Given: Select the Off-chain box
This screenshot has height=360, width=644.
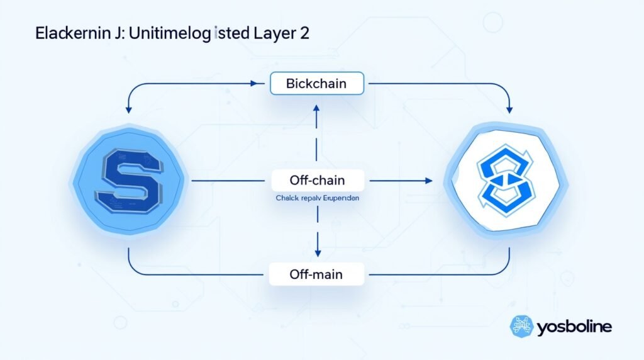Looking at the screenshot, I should click(x=317, y=181).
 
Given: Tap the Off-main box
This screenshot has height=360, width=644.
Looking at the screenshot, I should click(x=316, y=274).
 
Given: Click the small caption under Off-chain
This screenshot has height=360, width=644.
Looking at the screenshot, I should click(x=317, y=198).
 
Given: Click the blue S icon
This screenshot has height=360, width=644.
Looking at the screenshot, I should click(x=130, y=180).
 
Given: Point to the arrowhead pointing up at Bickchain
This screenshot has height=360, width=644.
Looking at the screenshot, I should click(x=317, y=111).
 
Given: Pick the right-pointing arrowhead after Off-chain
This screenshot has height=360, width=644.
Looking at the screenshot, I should click(x=428, y=181).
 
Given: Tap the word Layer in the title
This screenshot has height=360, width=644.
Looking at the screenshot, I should click(x=272, y=35).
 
